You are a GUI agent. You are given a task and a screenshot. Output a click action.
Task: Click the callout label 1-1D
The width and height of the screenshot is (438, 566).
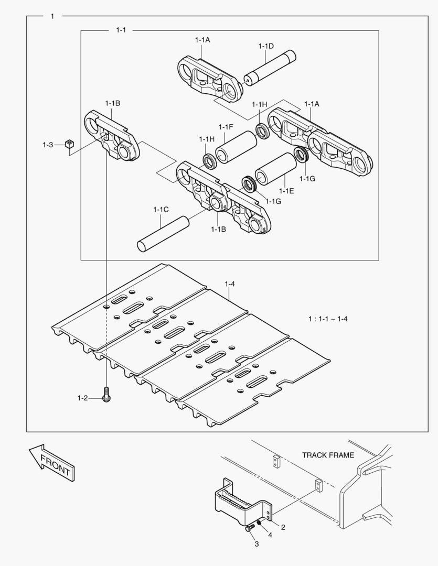coord(266,46)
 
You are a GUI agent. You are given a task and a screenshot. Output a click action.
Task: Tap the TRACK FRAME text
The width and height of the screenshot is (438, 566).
coord(328,455)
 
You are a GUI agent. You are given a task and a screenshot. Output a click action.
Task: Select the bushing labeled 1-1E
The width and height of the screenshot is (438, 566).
coord(275,168)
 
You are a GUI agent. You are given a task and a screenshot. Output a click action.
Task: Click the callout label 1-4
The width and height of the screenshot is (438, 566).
coord(230,284)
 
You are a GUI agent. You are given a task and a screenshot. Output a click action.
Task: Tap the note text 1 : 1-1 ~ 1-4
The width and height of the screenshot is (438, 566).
coord(328,318)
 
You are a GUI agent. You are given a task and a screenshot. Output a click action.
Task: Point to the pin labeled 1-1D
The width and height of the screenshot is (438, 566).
coord(271,68)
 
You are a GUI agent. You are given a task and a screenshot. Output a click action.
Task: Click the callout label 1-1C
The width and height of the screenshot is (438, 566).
coord(161,210)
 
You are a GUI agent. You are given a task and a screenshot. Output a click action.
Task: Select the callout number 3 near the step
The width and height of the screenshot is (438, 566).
coord(257,545)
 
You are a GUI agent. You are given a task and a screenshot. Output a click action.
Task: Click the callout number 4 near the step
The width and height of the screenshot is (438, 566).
coord(270,535)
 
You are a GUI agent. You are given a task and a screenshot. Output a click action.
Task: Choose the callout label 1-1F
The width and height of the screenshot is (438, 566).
coord(226,127)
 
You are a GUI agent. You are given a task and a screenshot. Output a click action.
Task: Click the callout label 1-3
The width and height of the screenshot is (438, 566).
coord(48,144)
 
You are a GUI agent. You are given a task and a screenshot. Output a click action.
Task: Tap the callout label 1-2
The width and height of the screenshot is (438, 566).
coord(82,398)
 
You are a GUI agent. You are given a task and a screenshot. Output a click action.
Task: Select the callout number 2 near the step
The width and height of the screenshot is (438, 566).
coord(283,527)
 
